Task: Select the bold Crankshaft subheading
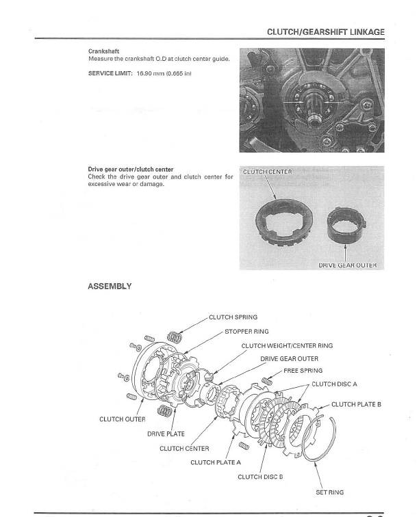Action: (x=103, y=51)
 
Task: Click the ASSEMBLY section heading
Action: (x=110, y=287)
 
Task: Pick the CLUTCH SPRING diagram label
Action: (x=233, y=317)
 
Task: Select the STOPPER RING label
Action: (x=246, y=332)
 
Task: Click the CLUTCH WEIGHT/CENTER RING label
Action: (x=287, y=346)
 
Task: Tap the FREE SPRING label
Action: (x=303, y=371)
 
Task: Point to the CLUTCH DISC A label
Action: (x=334, y=384)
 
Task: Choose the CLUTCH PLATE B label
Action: (x=356, y=405)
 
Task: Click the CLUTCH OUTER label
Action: (x=122, y=419)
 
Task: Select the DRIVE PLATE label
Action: (x=166, y=434)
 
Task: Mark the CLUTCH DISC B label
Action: (x=260, y=477)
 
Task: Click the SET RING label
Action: (x=329, y=492)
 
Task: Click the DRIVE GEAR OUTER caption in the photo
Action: (x=348, y=265)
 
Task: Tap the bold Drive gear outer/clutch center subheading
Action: (x=130, y=169)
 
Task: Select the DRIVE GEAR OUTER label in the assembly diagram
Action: (x=289, y=358)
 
